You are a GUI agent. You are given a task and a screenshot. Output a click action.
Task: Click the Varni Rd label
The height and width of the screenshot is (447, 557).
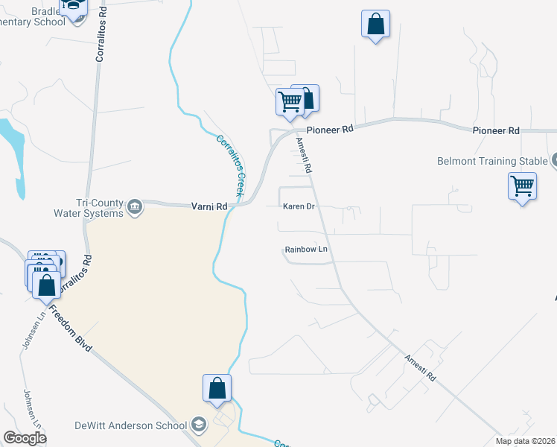point(209,206)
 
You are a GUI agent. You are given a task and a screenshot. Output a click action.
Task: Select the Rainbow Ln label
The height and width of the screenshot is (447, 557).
point(306,250)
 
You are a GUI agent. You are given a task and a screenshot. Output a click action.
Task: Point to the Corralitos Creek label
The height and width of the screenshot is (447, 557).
point(230,165)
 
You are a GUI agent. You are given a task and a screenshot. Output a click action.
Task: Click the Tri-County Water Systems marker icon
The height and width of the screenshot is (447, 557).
point(135,206)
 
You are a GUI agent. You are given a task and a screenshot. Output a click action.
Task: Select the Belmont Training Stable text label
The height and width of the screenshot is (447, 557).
point(491,161)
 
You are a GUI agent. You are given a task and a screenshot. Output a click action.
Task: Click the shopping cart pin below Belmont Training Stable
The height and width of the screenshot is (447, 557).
point(522,186)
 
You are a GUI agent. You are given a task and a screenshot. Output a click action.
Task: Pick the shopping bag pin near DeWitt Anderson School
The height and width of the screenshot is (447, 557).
point(217,388)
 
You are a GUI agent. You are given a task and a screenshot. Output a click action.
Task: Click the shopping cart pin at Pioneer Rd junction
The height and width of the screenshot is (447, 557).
point(289,101)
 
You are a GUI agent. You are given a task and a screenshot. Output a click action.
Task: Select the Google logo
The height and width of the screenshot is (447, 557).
point(25,438)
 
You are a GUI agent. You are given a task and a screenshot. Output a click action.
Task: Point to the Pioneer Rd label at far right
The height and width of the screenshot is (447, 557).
point(496,131)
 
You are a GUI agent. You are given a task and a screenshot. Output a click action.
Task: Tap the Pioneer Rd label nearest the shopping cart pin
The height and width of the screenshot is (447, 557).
point(329,130)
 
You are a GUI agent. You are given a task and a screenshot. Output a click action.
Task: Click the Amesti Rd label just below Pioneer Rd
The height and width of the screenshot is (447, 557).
point(303,155)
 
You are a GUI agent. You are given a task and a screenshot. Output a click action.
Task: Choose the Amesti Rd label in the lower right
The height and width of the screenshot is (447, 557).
point(419,367)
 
